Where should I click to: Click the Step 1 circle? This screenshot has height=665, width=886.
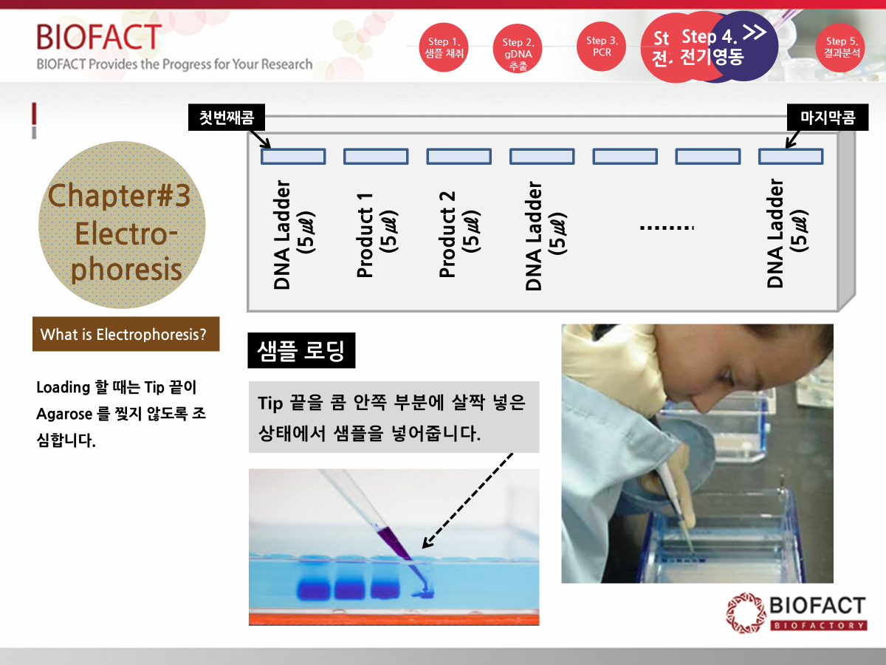pyautogui.click(x=444, y=47)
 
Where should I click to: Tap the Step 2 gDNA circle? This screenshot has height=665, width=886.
pyautogui.click(x=518, y=49)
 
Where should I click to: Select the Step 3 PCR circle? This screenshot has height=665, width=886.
pyautogui.click(x=602, y=47)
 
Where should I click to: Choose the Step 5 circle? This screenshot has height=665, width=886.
pyautogui.click(x=841, y=47)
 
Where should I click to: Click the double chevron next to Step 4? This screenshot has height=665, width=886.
pyautogui.click(x=755, y=33)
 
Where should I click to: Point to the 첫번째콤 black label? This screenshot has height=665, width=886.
pyautogui.click(x=227, y=117)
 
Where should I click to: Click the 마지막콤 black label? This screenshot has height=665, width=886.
pyautogui.click(x=828, y=117)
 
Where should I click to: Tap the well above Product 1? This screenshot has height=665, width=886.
pyautogui.click(x=376, y=156)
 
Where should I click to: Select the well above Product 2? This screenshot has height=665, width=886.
pyautogui.click(x=459, y=156)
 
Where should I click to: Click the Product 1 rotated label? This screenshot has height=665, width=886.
pyautogui.click(x=377, y=235)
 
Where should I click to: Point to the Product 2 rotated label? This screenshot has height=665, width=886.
pyautogui.click(x=459, y=234)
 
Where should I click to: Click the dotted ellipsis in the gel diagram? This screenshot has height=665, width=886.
pyautogui.click(x=667, y=228)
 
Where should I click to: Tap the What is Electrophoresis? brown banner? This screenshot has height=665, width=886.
pyautogui.click(x=126, y=334)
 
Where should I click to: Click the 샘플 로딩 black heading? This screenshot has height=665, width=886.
pyautogui.click(x=301, y=350)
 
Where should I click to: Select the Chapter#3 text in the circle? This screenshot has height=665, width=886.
pyautogui.click(x=119, y=195)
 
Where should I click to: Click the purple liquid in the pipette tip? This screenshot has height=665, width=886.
pyautogui.click(x=394, y=542)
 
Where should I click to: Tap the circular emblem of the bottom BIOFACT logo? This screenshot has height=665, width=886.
pyautogui.click(x=746, y=613)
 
